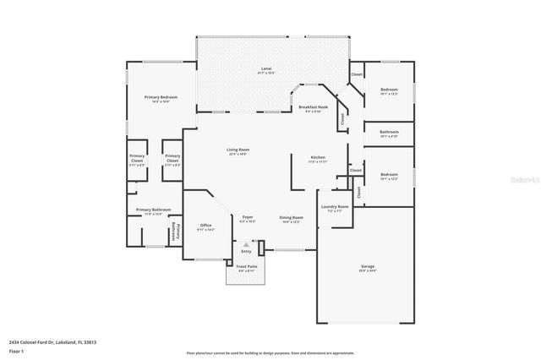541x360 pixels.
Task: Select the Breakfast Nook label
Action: click(312, 108)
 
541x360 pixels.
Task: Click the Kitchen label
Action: click(318, 158)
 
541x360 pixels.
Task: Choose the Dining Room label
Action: click(291, 218)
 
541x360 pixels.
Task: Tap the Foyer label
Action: click(248, 218)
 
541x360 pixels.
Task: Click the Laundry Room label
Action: click(335, 208)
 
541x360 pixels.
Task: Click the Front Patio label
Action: click(247, 268)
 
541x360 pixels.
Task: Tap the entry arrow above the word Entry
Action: click(247, 245)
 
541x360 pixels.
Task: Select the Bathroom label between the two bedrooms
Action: click(389, 133)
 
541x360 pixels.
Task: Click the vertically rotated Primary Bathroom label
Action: click(177, 231)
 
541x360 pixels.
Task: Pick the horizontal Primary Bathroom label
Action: click(154, 210)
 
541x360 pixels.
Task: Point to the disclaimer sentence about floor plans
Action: click(270, 352)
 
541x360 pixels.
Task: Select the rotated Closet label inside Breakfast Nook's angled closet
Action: click(342, 119)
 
